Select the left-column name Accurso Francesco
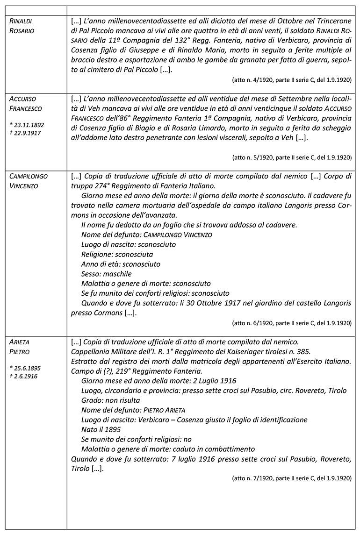[26, 104]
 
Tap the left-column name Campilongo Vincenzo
[29, 181]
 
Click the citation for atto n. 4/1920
[291, 80]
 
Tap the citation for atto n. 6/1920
[291, 322]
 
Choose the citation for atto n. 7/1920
[291, 478]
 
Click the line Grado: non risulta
[110, 400]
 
